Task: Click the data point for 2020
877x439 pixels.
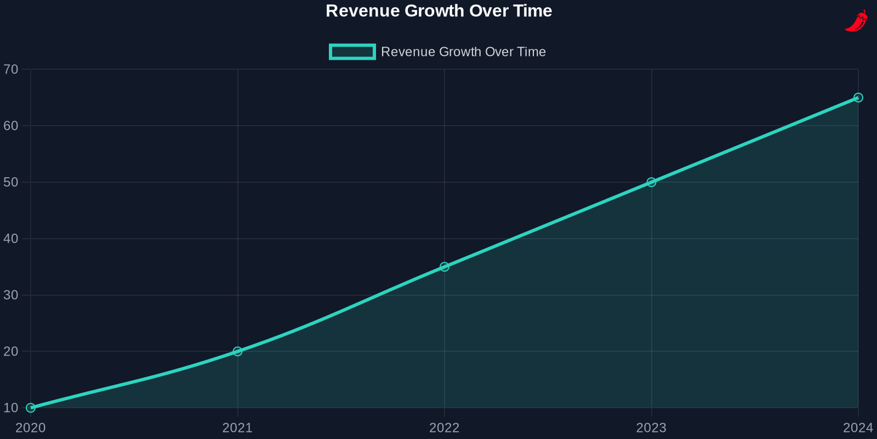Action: coord(31,408)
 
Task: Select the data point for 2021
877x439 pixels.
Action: coord(237,351)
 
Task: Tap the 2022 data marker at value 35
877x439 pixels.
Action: coord(445,267)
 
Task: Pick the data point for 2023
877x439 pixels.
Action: coord(651,182)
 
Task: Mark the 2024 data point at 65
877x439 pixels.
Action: coord(858,98)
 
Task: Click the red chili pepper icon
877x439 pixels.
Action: coord(857,21)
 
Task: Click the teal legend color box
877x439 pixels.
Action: coord(352,52)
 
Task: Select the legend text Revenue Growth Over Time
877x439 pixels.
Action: coord(463,52)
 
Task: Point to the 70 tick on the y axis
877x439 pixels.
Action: coord(11,69)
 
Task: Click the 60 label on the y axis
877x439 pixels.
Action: coord(11,126)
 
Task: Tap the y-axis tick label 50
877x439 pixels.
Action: coord(11,182)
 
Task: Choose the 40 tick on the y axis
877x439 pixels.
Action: coord(11,239)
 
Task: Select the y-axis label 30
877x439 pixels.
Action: coord(11,295)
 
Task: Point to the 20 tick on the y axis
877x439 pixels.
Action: coord(11,351)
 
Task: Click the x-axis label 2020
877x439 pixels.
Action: coord(31,428)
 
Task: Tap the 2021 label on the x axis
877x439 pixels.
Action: coord(237,428)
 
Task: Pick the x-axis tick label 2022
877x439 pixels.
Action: coord(445,428)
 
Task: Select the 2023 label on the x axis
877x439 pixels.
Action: coord(651,428)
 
